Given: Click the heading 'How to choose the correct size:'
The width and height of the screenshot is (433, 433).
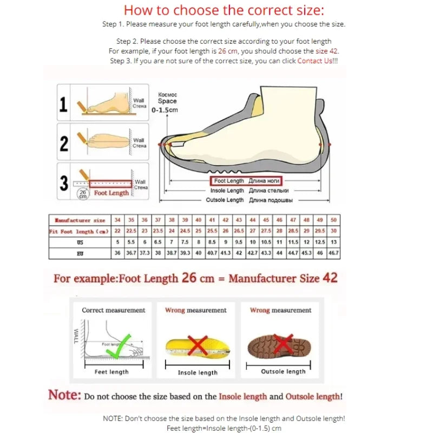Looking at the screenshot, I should pyautogui.click(x=224, y=10).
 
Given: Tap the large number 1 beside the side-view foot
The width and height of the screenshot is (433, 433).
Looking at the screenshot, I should pyautogui.click(x=64, y=104).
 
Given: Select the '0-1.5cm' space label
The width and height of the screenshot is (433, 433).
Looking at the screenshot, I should pyautogui.click(x=165, y=110).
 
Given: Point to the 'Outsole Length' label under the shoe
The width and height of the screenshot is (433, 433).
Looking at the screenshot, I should pyautogui.click(x=225, y=200).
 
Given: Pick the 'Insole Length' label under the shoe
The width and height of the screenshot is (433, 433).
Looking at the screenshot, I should pyautogui.click(x=227, y=191).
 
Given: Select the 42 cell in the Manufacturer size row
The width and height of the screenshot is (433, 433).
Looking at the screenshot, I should pyautogui.click(x=225, y=220).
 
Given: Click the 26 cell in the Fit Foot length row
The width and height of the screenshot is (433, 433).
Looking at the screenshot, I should pyautogui.click(x=225, y=231).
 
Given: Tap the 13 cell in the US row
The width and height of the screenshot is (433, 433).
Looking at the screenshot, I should pyautogui.click(x=333, y=242).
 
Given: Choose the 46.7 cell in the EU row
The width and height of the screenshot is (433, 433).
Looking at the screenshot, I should pyautogui.click(x=333, y=253).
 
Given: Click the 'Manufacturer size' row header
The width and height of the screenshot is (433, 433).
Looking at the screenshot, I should pyautogui.click(x=80, y=220).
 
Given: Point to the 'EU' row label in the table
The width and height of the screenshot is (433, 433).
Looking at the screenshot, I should pyautogui.click(x=80, y=253).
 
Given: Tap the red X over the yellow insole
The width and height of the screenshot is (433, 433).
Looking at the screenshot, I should pyautogui.click(x=198, y=345).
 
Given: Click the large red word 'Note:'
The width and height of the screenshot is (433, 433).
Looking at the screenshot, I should pyautogui.click(x=65, y=395).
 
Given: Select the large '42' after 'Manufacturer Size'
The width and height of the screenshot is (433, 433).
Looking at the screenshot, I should pyautogui.click(x=330, y=278).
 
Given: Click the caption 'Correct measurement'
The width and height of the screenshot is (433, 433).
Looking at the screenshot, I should pyautogui.click(x=114, y=310).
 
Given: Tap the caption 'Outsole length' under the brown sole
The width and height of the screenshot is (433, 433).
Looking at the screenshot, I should pyautogui.click(x=283, y=371).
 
